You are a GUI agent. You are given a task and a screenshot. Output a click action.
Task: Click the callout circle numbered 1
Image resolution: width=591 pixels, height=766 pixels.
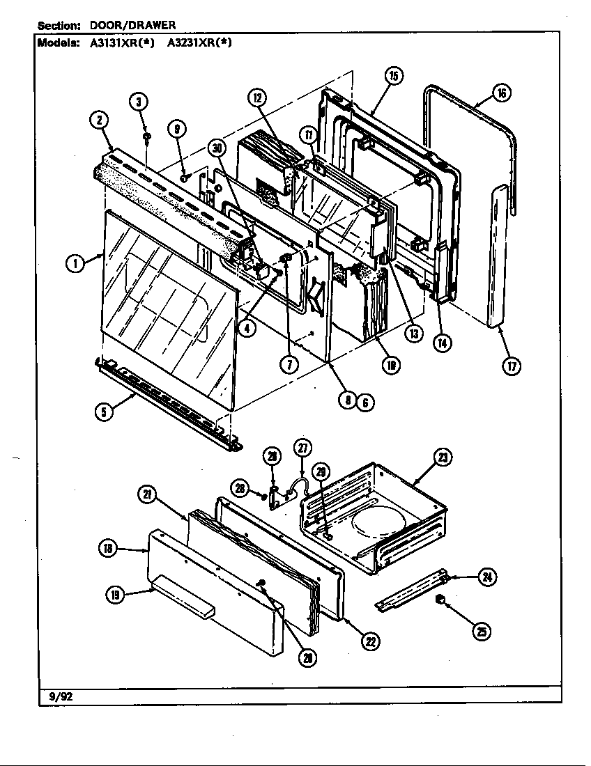coord(75,263)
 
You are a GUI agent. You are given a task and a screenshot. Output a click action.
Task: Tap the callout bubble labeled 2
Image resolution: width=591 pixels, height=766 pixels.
coord(100,120)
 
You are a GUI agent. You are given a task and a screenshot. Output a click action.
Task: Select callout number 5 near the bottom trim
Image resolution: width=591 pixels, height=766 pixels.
coord(105,412)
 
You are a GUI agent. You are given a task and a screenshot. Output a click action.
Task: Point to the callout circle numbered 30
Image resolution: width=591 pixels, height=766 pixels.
coord(218,148)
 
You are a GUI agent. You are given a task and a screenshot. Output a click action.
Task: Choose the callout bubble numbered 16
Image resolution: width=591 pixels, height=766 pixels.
coord(500,93)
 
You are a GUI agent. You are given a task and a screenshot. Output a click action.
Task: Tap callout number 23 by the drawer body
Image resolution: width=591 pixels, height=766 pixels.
coord(443,458)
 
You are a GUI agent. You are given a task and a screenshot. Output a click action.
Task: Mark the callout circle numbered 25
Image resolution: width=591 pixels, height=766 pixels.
coord(481,631)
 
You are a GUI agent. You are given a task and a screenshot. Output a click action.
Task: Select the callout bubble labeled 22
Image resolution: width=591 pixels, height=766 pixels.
coord(370,641)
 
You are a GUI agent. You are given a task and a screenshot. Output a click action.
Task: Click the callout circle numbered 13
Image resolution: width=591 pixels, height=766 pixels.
coord(414,334)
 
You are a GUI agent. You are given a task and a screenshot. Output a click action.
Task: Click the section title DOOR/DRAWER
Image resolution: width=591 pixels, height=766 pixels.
coord(132,25)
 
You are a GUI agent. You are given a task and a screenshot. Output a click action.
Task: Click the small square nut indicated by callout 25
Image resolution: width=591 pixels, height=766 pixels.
coord(440,600)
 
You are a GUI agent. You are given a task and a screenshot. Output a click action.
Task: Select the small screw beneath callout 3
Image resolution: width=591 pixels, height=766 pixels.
coord(147,135)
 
